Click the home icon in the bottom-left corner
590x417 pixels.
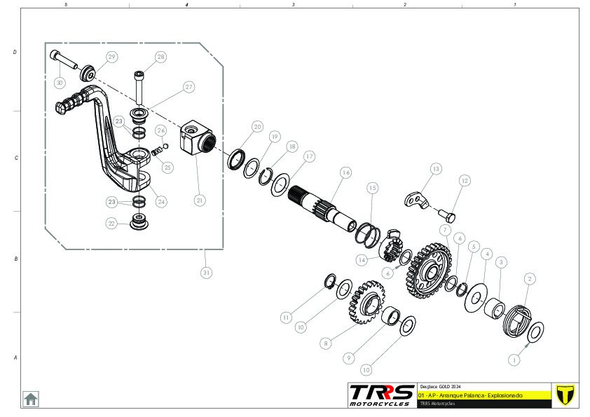(x=31, y=398)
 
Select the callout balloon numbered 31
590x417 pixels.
(x=206, y=273)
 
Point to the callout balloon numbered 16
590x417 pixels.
(x=345, y=172)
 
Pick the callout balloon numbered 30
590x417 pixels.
(x=60, y=83)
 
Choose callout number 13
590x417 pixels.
(x=436, y=169)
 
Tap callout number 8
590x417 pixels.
(x=325, y=343)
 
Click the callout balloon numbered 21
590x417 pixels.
(x=200, y=200)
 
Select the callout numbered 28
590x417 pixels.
(x=161, y=57)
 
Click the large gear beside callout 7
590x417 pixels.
(x=427, y=266)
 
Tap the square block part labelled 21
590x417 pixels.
(x=196, y=139)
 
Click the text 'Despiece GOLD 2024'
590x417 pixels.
(x=440, y=387)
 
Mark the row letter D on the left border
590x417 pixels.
(x=15, y=53)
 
